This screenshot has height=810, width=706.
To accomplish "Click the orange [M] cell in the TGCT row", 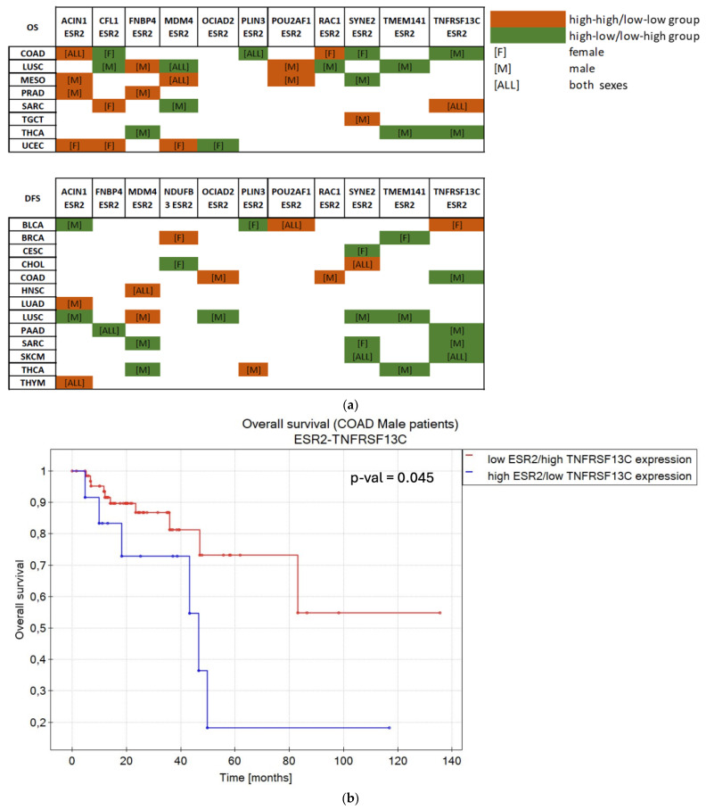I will coord(362,119).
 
